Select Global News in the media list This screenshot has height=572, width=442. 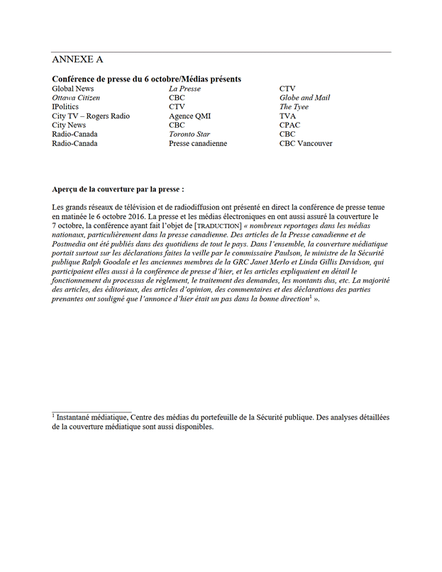73,89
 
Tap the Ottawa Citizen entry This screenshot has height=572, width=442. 76,98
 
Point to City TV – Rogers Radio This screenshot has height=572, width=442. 91,116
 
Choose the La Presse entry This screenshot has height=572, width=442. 184,89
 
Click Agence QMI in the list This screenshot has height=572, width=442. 189,116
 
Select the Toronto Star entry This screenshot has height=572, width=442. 189,134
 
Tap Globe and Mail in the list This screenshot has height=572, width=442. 304,98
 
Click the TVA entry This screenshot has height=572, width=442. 287,116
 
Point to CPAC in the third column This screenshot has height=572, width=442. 289,125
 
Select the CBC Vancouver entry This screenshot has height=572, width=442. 306,143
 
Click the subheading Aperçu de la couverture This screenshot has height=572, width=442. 118,190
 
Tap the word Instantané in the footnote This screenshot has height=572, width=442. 79,418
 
